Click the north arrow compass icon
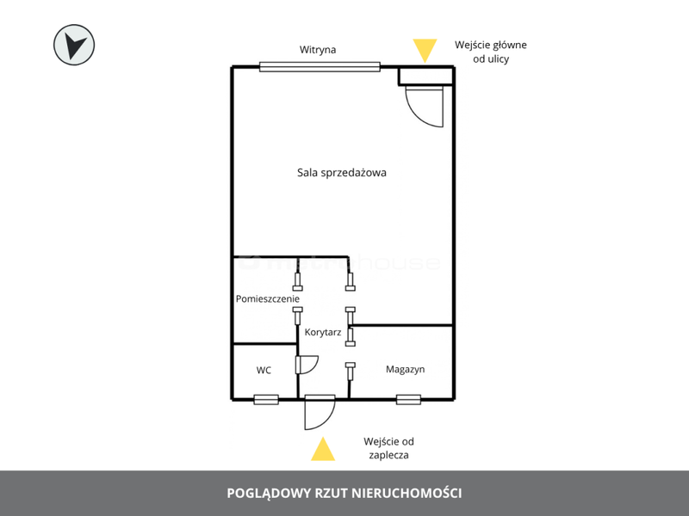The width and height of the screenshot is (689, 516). pyautogui.click(x=74, y=45)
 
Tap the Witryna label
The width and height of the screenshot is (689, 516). pyautogui.click(x=318, y=50)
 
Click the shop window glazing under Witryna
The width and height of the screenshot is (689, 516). pyautogui.click(x=320, y=67)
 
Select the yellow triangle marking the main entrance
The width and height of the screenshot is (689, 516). pyautogui.click(x=425, y=50)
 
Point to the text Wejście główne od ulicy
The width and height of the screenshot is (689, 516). pyautogui.click(x=491, y=52)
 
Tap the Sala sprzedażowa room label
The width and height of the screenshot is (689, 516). pyautogui.click(x=342, y=173)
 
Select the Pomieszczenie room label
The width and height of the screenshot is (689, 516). pyautogui.click(x=268, y=298)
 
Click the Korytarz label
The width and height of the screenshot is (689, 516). pyautogui.click(x=323, y=332)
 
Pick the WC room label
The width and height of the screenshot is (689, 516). pyautogui.click(x=264, y=371)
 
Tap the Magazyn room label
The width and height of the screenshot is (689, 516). pyautogui.click(x=405, y=370)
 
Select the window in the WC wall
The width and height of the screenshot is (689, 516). pyautogui.click(x=266, y=399)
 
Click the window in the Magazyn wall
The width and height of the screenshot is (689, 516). pyautogui.click(x=408, y=399)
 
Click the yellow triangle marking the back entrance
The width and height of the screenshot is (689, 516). pyautogui.click(x=323, y=449)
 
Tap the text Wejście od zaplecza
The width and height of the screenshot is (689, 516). pyautogui.click(x=388, y=448)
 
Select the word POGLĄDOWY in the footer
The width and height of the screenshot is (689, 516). pyautogui.click(x=269, y=494)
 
